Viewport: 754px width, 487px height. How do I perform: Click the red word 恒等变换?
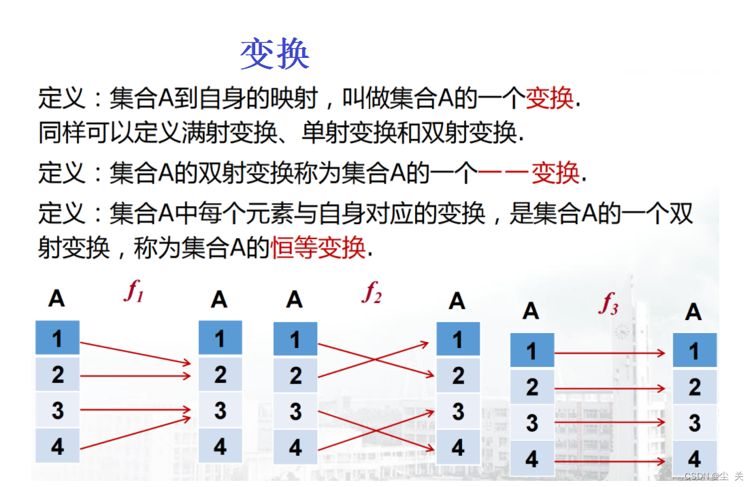318,247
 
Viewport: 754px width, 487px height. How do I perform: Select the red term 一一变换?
529,173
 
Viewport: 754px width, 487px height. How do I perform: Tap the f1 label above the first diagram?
134,292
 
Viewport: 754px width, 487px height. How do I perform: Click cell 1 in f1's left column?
57,339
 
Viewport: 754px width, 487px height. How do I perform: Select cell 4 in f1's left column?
57,446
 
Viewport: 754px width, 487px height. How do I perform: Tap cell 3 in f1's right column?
220,411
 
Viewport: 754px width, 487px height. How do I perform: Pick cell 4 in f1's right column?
220,447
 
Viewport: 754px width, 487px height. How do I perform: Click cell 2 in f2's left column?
295,375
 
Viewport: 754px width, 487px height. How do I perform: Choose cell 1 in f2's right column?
458,339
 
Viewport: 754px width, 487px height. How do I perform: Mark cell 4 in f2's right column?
458,447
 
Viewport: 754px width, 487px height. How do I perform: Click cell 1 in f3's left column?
532,351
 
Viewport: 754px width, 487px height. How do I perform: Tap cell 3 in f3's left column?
532,423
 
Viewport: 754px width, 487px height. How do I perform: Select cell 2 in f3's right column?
694,387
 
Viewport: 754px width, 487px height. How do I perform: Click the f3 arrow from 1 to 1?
610,353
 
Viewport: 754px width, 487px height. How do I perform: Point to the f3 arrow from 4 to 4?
610,461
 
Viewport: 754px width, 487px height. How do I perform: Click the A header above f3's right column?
693,312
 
